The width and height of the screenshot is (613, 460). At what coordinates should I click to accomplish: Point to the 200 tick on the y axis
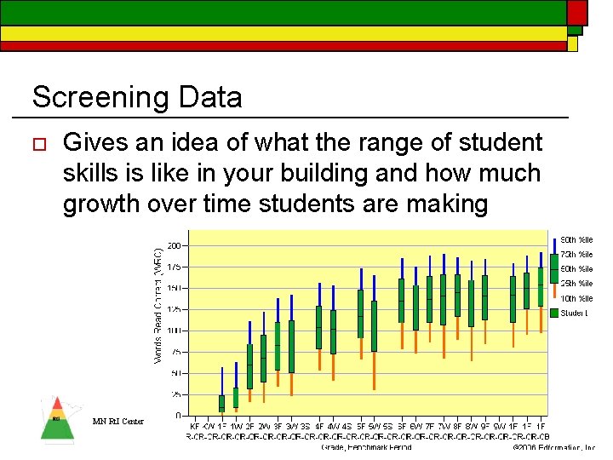click(174, 245)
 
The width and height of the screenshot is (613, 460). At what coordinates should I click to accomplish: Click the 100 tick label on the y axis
click(174, 331)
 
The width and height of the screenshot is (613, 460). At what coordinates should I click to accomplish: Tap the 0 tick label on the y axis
click(178, 416)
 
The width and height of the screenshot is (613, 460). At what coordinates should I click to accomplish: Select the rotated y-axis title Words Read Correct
click(158, 305)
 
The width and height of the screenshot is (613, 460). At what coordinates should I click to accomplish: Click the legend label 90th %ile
click(576, 240)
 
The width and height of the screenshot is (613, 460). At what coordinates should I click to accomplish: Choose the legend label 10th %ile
click(576, 299)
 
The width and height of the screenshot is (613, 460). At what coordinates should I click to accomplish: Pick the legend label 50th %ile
click(576, 269)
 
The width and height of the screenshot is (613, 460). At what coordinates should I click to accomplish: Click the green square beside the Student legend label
click(554, 313)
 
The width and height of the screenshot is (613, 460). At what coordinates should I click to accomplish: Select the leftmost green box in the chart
click(221, 403)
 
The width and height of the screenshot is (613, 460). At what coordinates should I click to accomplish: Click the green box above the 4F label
click(318, 327)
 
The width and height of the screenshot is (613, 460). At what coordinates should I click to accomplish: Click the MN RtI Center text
click(117, 421)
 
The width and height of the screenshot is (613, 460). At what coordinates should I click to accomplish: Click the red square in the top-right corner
click(577, 12)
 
